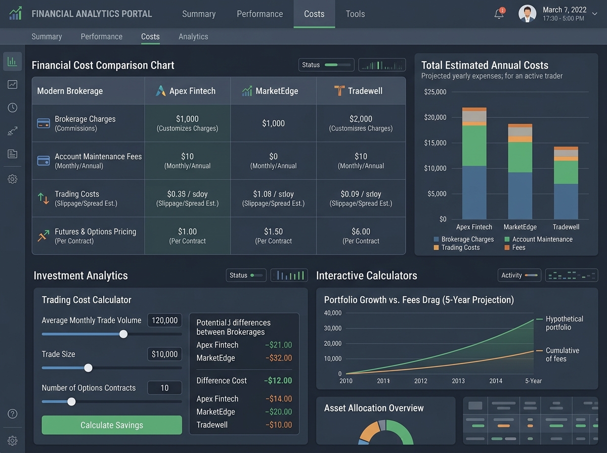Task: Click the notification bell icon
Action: (x=499, y=14)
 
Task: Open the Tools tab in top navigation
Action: (x=355, y=14)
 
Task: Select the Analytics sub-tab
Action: (x=193, y=36)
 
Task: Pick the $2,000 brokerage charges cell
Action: (x=361, y=123)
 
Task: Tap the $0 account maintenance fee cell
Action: (x=273, y=161)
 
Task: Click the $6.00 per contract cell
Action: (x=361, y=236)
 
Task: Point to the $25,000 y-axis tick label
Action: (x=435, y=92)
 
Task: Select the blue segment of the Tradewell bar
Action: (x=566, y=202)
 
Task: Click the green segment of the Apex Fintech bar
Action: (x=474, y=146)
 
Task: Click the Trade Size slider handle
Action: (x=88, y=368)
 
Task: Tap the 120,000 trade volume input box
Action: (x=164, y=321)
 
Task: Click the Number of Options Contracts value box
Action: (x=164, y=388)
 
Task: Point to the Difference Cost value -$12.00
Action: (x=278, y=381)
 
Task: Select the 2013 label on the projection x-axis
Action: (x=458, y=381)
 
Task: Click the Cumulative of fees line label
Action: (x=562, y=354)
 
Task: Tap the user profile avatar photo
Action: (x=527, y=14)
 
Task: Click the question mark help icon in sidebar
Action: (x=13, y=414)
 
